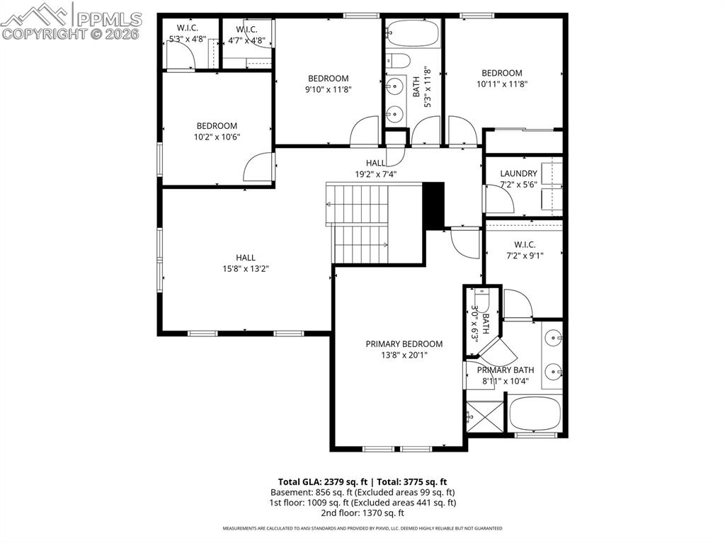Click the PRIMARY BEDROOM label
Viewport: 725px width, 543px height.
[x=404, y=344]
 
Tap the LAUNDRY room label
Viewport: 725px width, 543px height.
[x=518, y=173]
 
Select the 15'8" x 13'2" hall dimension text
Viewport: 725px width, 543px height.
[x=246, y=269]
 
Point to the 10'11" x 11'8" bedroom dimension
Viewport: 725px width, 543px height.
[x=501, y=84]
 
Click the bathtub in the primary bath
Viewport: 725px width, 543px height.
[x=535, y=413]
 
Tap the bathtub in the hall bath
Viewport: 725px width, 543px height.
[x=413, y=33]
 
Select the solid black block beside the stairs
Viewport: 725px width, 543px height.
[x=433, y=205]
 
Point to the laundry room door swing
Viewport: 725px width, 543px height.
[x=500, y=198]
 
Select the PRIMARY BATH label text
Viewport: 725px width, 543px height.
[x=505, y=370]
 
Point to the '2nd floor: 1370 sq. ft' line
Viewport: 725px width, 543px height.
[x=362, y=513]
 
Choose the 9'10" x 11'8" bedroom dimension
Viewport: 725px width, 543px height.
[x=328, y=89]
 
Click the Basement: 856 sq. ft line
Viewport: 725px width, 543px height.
[x=362, y=492]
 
